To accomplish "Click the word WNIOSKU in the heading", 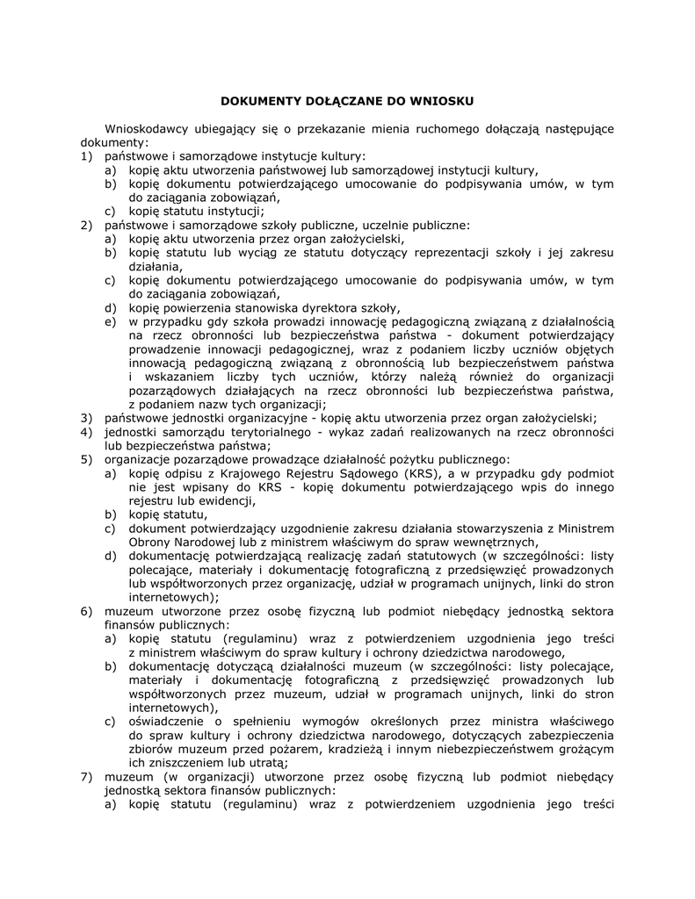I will tap(445, 101).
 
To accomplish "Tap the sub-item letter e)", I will tap(111, 321).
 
